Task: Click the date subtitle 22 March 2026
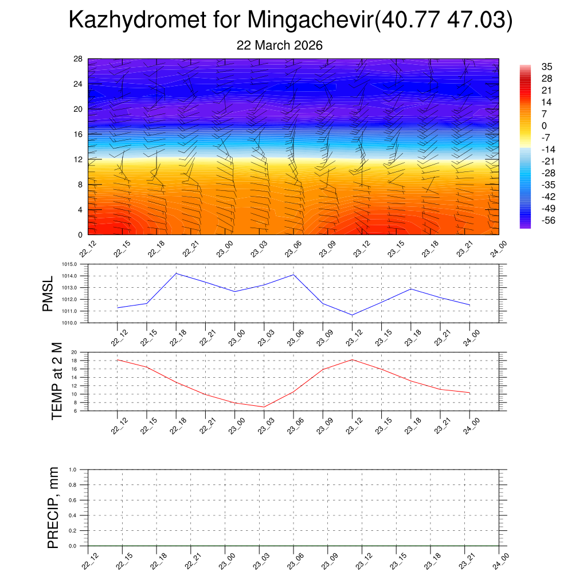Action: click(280, 45)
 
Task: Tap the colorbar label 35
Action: click(547, 66)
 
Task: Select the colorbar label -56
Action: click(549, 220)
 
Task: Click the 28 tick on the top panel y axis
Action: click(79, 59)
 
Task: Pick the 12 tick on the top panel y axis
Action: click(79, 159)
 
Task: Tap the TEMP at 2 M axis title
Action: click(56, 381)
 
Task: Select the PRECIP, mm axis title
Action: click(53, 508)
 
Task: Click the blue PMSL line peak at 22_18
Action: click(176, 273)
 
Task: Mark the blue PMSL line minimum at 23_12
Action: click(352, 315)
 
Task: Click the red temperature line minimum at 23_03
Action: click(264, 407)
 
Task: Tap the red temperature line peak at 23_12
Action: click(352, 359)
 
